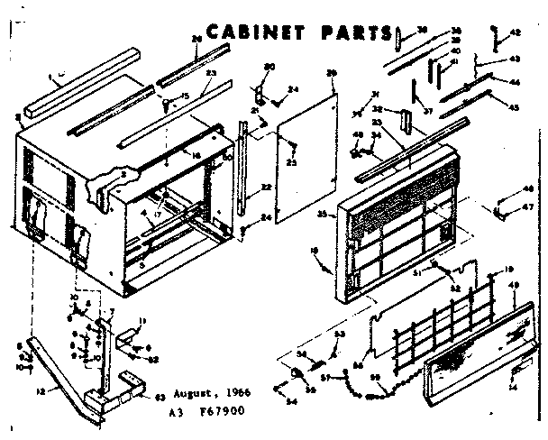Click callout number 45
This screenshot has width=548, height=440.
515,108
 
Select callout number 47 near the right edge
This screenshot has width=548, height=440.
528,206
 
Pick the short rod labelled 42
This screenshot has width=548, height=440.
494,39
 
